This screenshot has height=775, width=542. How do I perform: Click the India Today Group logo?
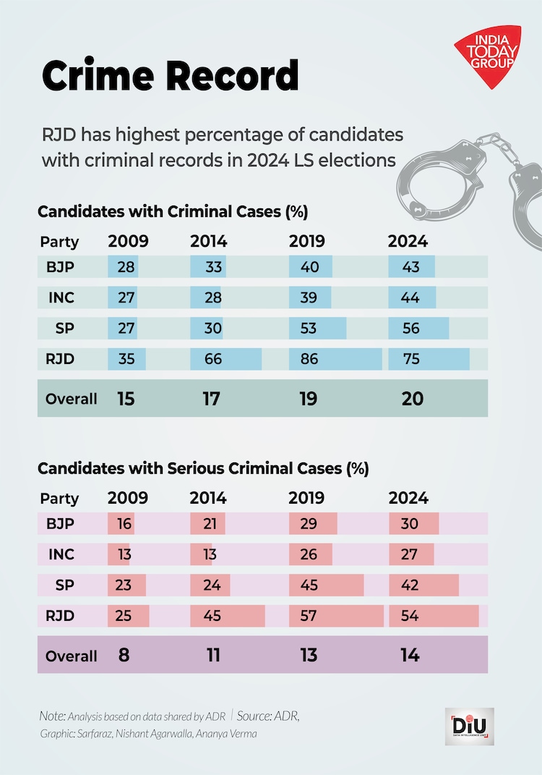[489, 54]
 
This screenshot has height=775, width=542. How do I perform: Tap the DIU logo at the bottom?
[469, 726]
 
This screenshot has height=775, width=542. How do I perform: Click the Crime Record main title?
[170, 75]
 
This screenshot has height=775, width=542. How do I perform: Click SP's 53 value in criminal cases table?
[308, 329]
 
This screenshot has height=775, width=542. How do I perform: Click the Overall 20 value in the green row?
[412, 398]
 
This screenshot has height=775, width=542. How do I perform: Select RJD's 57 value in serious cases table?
[308, 617]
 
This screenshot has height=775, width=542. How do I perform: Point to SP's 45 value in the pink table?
[308, 585]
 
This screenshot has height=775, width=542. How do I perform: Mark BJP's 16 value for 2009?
[124, 523]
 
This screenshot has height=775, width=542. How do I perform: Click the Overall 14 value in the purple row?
[409, 655]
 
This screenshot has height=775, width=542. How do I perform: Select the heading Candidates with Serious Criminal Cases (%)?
[203, 468]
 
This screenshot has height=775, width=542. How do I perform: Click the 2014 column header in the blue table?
[208, 241]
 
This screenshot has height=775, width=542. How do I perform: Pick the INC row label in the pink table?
[61, 554]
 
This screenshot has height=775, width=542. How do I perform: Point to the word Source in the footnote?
[254, 716]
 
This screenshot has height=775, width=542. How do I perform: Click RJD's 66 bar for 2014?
[225, 359]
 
